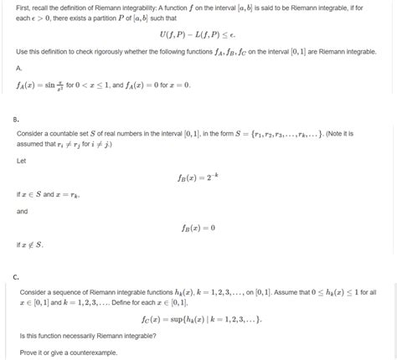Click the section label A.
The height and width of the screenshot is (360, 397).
click(18, 68)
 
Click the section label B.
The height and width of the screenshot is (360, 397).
click(18, 121)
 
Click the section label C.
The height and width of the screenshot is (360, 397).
click(18, 276)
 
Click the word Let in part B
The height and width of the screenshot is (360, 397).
click(23, 161)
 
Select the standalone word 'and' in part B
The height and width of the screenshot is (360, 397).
click(23, 211)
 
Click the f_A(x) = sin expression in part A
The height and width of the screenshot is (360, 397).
click(45, 85)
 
